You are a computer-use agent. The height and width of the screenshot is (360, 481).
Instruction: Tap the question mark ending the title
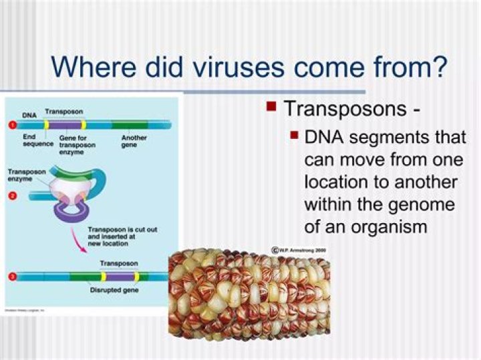pos(438,67)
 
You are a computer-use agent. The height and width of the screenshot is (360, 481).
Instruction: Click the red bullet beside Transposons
pos(271,106)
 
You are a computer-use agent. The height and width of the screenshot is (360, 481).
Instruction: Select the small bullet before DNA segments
pos(294,136)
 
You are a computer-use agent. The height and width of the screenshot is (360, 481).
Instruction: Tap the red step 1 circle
pos(11,125)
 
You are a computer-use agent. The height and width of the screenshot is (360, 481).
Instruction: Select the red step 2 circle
pos(11,196)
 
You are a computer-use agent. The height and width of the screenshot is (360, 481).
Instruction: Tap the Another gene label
pos(134,141)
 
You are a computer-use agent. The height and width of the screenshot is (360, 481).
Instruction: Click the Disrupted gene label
pos(114,291)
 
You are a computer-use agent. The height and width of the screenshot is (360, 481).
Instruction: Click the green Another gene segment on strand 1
pos(130,125)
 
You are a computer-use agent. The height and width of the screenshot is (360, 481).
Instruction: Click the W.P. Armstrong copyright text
pos(300,249)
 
